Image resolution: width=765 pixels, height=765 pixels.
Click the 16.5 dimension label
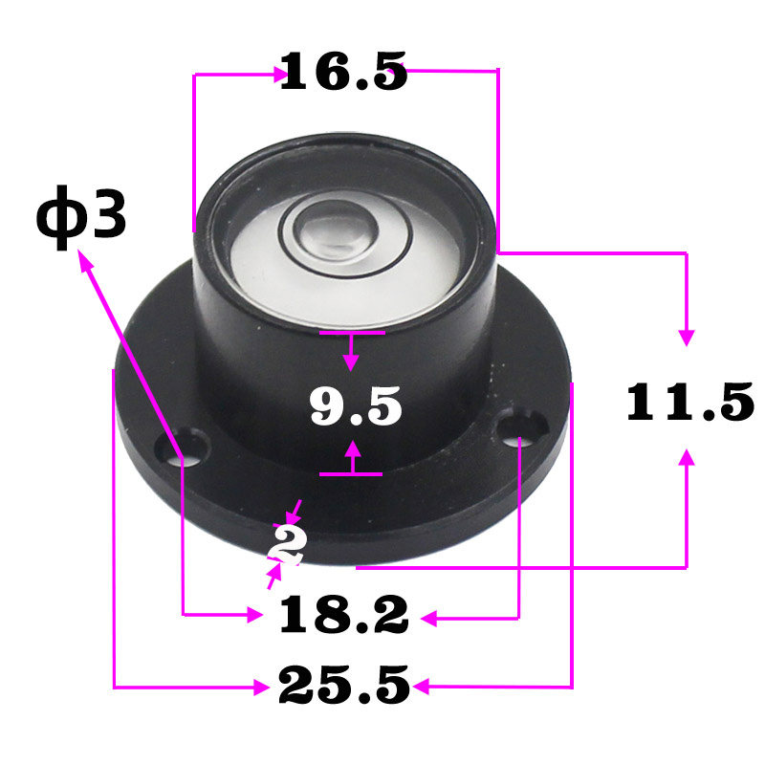(x=343, y=71)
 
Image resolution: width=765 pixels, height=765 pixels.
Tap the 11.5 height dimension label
(x=689, y=402)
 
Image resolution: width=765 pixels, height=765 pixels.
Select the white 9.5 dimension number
(x=356, y=405)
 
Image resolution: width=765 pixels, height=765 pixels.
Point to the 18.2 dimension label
(x=343, y=615)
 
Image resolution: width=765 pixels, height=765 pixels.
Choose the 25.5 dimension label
(x=344, y=685)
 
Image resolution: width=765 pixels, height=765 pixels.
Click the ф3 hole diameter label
(x=81, y=218)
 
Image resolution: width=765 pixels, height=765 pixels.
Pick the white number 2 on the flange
(x=288, y=544)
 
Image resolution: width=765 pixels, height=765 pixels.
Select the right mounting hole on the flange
(x=521, y=427)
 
